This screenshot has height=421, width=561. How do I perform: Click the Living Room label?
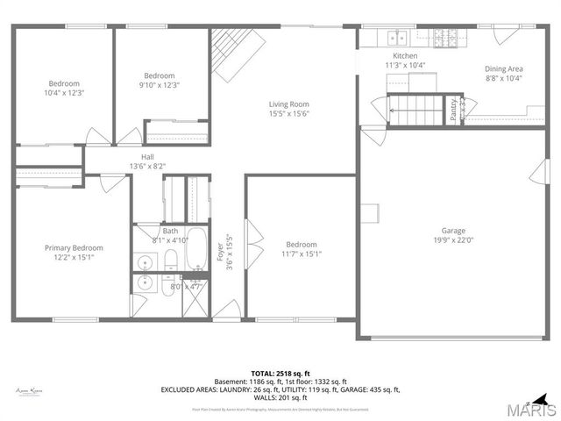[x=289, y=104]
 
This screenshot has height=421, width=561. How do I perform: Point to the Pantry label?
[x=453, y=110]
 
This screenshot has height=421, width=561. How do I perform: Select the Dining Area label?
[x=503, y=68]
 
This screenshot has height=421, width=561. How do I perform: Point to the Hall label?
[x=135, y=156]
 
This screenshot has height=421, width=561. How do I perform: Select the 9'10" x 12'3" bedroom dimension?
[x=160, y=85]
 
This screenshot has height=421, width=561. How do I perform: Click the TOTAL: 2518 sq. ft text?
[x=280, y=374]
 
